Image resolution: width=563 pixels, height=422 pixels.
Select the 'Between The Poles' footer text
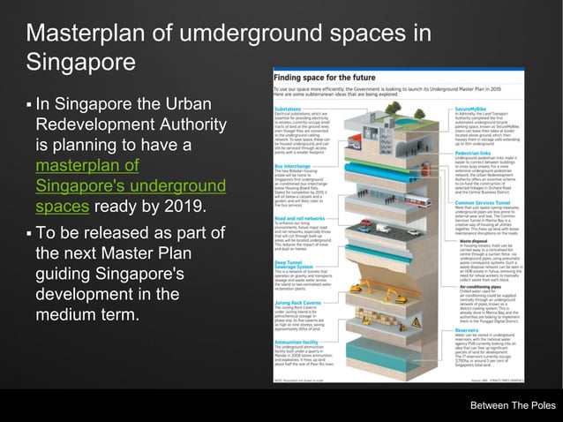coord(513,405)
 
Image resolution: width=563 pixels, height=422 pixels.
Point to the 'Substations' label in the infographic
coord(288,109)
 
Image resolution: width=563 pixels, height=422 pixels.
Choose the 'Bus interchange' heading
coord(292,165)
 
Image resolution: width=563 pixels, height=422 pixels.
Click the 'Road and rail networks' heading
coord(297,217)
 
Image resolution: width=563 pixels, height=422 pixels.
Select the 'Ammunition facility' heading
coord(296,341)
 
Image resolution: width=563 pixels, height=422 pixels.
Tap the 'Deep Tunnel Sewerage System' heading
coord(290,264)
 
